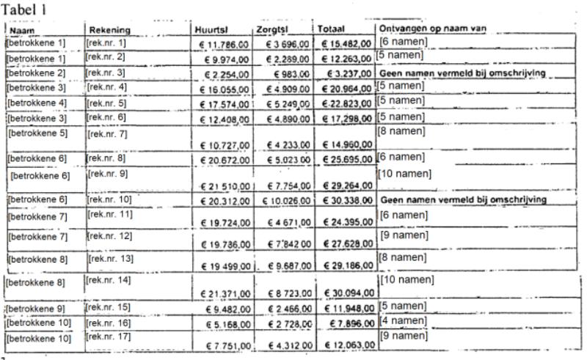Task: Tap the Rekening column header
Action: pyautogui.click(x=109, y=30)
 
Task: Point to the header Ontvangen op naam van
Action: pyautogui.click(x=433, y=29)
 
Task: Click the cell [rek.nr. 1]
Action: pyautogui.click(x=106, y=43)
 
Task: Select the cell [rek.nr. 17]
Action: pyautogui.click(x=109, y=337)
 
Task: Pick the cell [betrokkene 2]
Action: pyautogui.click(x=36, y=73)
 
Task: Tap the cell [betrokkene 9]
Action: pyautogui.click(x=36, y=307)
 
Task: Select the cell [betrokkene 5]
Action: pyautogui.click(x=37, y=133)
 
